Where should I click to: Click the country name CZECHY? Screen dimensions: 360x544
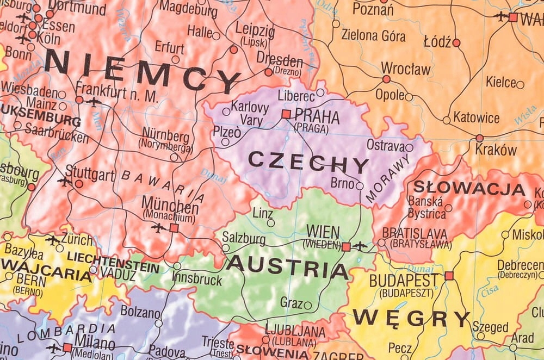pos(308,162)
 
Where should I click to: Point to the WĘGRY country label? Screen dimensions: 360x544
pos(411,318)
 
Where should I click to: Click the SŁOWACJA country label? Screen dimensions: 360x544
pos(469,188)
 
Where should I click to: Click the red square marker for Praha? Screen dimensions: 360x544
pos(286,114)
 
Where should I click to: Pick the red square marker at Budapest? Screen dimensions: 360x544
pos(449,276)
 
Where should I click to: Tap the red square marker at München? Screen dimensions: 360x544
pos(174,228)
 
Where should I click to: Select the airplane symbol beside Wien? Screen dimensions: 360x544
pos(360,246)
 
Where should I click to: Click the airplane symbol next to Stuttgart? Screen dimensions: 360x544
pos(65,182)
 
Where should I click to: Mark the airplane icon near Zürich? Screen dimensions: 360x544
pos(53,240)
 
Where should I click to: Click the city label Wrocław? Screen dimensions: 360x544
pos(405,69)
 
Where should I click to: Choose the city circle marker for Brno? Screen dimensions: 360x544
pos(360,186)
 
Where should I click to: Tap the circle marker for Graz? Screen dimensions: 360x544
pos(308,306)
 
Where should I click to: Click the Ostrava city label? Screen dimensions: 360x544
pos(385,146)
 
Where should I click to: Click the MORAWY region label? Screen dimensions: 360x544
pos(388,179)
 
